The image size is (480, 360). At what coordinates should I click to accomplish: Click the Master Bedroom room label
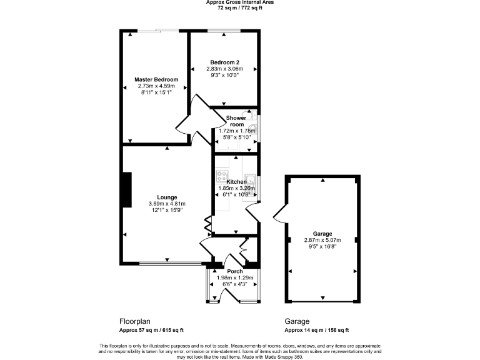pos(156,79)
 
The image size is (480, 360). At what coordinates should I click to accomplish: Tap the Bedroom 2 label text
pos(224,62)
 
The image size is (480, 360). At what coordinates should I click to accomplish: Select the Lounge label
pos(167,197)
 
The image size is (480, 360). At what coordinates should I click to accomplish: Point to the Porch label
pos(234,271)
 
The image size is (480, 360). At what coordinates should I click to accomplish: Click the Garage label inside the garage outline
pos(323,232)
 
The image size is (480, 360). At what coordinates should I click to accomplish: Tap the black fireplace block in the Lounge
pos(127,189)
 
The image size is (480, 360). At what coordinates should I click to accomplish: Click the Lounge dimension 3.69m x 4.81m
pos(167,204)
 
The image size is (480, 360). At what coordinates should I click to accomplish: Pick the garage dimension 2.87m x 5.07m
pos(323,239)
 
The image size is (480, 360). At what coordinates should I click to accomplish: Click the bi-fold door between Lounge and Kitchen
pos(208,224)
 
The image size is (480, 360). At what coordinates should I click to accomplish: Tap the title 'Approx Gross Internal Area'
pos(240,2)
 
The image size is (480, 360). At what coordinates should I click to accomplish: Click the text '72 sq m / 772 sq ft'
pos(240,9)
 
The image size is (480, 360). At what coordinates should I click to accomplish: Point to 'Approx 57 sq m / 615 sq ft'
pos(151,330)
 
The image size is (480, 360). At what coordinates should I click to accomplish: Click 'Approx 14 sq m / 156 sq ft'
pos(316,330)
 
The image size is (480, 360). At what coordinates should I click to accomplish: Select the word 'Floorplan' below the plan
pos(134,322)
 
